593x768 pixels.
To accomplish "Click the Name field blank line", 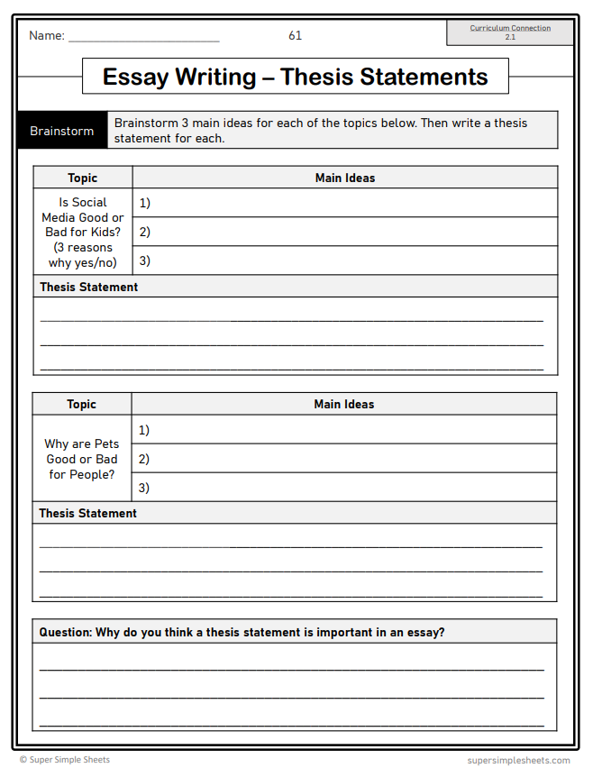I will (x=143, y=39).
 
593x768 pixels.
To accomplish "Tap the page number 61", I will (x=296, y=36).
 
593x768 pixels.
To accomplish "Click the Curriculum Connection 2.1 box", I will (x=510, y=32).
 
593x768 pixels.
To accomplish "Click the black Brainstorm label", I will (x=61, y=131).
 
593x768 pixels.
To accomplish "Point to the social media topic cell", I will (x=83, y=233).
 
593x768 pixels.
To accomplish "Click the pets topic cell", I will (x=82, y=459).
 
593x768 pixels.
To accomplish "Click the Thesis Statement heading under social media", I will (x=89, y=287).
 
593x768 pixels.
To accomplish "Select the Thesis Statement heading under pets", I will (x=88, y=513).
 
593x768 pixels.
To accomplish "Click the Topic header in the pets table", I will (x=82, y=404).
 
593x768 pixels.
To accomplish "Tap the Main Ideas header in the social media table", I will (x=345, y=178).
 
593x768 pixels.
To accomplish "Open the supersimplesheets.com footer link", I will (x=518, y=760).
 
